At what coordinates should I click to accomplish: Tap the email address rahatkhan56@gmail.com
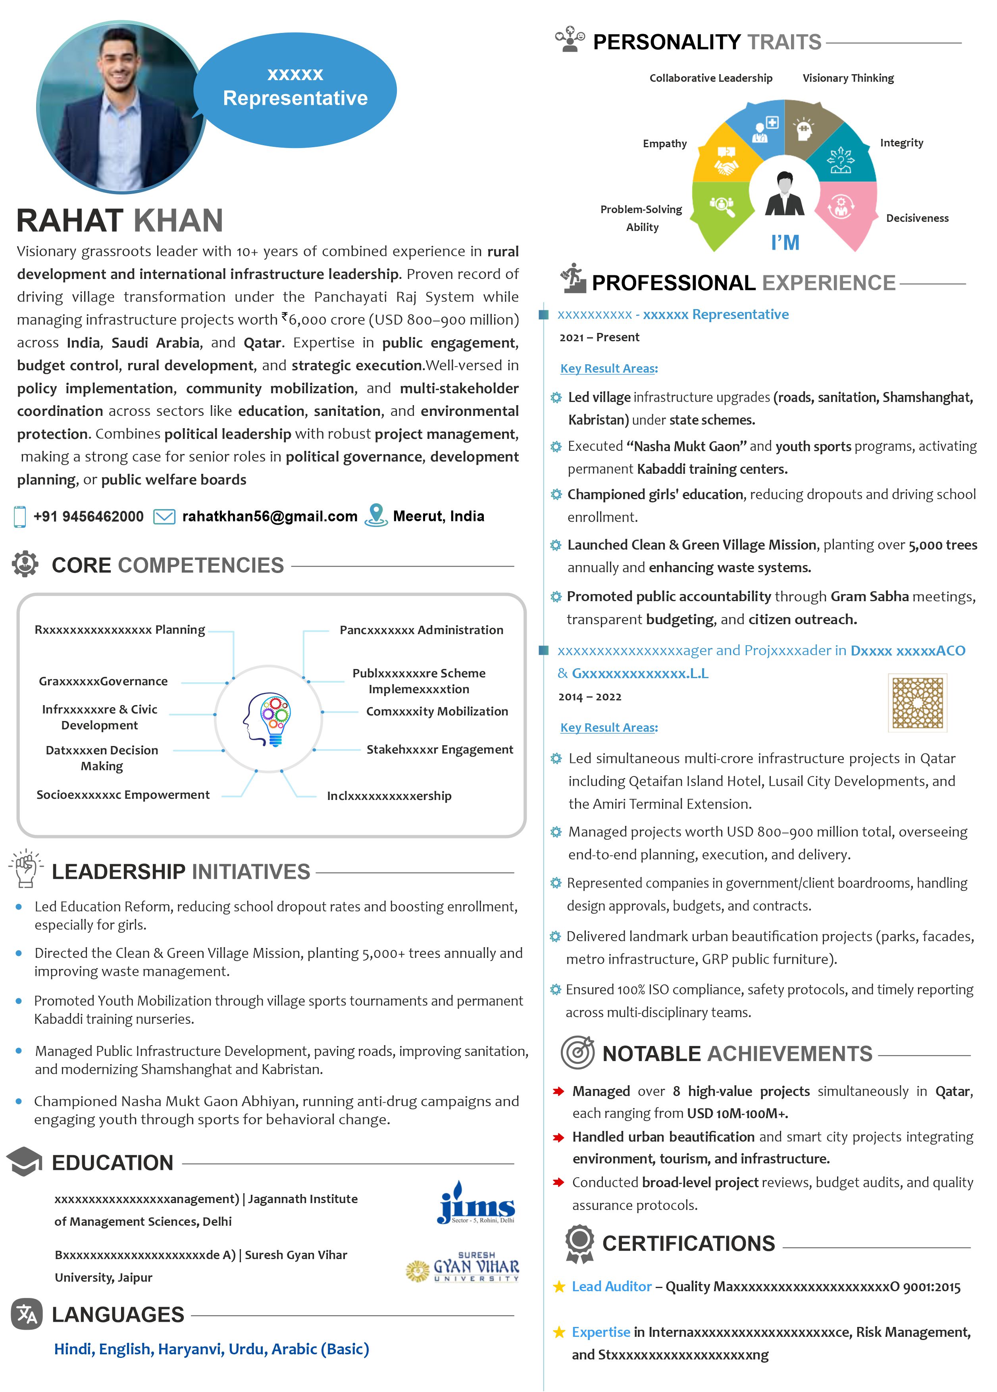tap(269, 516)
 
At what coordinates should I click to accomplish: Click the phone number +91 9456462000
tap(89, 516)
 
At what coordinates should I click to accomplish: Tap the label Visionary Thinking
tap(848, 78)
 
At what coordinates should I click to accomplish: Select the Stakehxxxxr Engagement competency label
tap(440, 750)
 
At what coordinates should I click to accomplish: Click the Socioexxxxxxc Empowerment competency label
tap(123, 795)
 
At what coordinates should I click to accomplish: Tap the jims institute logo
tap(476, 1203)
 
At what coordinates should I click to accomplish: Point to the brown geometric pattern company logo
tap(917, 703)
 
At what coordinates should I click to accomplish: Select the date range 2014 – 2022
tap(589, 697)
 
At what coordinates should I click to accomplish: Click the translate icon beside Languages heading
tap(27, 1314)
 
